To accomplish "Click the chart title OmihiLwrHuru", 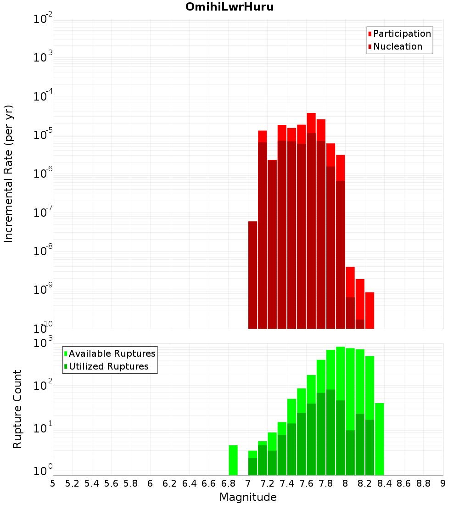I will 229,7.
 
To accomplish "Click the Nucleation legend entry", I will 397,46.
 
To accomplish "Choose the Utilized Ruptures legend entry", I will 108,366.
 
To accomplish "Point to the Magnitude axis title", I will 248,497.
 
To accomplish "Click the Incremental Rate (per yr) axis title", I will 9,174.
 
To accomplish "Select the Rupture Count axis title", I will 17,409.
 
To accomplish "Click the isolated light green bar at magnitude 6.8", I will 233,460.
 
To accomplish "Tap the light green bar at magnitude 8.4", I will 380,439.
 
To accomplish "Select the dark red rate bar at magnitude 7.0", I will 252,275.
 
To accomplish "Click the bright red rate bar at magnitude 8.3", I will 369,310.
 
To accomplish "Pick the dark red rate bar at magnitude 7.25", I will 272,243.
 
